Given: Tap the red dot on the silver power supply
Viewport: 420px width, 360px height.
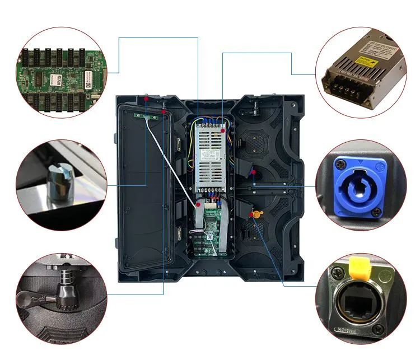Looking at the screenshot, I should pyautogui.click(x=223, y=130).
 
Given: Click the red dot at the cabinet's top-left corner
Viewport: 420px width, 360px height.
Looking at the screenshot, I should pyautogui.click(x=146, y=98).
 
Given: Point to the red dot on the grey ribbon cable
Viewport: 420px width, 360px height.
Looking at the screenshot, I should pyautogui.click(x=198, y=205).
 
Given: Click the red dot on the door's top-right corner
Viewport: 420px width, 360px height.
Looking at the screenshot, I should pyautogui.click(x=163, y=111).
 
